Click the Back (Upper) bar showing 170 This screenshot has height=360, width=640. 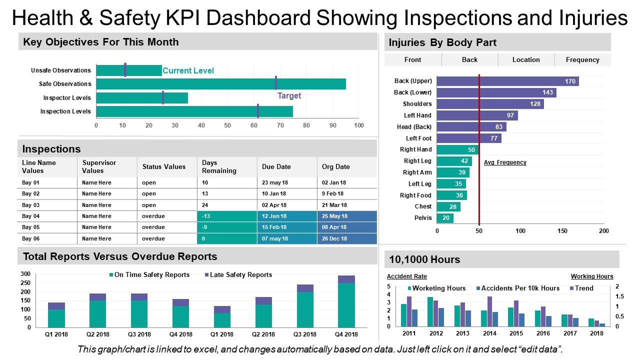point(507,81)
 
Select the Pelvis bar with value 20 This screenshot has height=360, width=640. point(444,218)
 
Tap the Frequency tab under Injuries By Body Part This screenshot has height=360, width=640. point(582,59)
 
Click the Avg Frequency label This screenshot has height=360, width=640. point(505,162)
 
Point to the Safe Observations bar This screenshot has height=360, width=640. point(220,84)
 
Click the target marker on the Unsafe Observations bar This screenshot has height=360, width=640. point(125,70)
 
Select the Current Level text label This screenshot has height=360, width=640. point(188,71)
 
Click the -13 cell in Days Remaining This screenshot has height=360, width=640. point(227,216)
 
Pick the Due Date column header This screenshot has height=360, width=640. point(276,167)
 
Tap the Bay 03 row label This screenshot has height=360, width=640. point(30,205)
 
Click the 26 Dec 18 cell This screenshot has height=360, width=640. point(334,239)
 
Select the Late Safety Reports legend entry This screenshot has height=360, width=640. point(238,275)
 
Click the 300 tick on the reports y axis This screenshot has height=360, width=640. point(25,274)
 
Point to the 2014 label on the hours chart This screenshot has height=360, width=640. point(489,333)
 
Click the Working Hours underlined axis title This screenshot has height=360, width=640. point(592,276)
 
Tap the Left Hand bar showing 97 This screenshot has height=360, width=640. point(477,115)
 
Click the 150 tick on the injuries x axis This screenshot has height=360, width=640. point(562,231)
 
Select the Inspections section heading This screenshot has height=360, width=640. point(51,149)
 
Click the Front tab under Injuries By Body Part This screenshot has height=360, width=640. point(412,59)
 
